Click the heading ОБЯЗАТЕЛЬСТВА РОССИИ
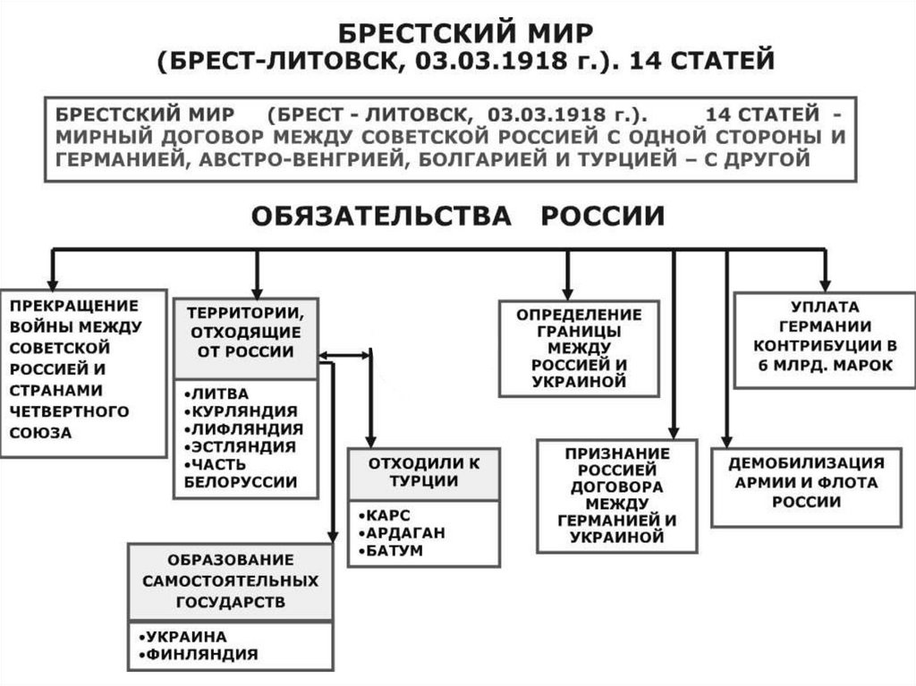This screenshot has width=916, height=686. coord(457,216)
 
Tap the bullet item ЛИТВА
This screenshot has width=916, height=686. coord(217,394)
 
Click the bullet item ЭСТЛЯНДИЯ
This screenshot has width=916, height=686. coord(240,446)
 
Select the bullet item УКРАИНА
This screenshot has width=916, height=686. coord(187,636)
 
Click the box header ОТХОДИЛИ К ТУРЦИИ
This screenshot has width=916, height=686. coord(423,472)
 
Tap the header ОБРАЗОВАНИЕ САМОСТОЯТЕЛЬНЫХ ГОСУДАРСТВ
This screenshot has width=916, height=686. coord(231,580)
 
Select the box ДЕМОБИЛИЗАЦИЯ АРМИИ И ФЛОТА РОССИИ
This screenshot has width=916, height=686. coord(806,482)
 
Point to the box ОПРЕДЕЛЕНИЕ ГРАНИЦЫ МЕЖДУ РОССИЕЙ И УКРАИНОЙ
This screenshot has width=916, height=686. coord(579,349)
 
